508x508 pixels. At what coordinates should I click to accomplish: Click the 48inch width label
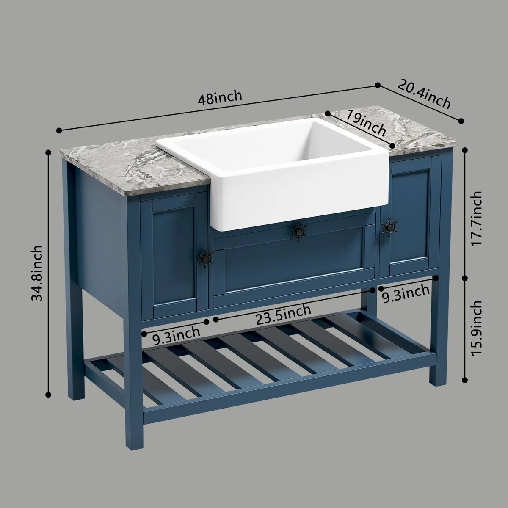tap(220, 98)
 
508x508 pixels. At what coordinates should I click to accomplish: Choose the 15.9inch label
tap(476, 328)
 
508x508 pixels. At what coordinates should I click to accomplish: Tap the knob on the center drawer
tap(299, 232)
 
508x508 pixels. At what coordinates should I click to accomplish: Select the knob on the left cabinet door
tap(204, 258)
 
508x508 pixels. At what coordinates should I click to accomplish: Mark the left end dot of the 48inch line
tap(59, 130)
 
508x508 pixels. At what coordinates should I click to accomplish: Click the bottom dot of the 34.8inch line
tap(48, 394)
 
